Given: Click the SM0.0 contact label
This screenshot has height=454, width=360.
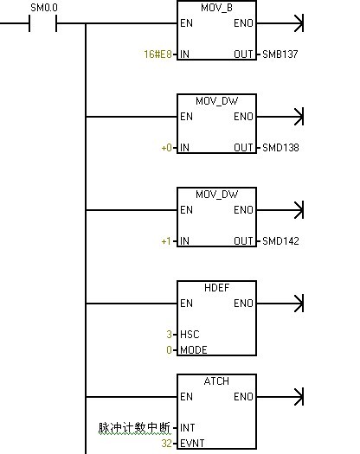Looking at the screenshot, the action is [x=44, y=8].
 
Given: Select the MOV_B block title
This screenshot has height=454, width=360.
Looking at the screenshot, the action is [x=216, y=8].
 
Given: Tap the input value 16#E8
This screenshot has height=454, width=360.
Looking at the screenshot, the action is [x=158, y=54].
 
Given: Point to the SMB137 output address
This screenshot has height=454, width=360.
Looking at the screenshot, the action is [x=280, y=54].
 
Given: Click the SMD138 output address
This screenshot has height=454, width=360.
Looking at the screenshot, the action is [x=280, y=148].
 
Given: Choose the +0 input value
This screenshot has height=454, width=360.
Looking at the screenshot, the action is [x=167, y=148].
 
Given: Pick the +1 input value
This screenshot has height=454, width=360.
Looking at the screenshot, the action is [x=166, y=241].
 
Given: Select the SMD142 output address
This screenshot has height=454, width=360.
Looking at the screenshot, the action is [x=280, y=241].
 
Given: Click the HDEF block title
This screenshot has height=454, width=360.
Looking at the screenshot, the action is [x=216, y=288].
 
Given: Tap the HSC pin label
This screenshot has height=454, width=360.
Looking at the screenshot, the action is [x=190, y=335].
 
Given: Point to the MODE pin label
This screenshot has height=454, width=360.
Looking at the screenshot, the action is [x=194, y=350].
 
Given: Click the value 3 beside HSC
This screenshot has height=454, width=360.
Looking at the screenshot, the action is [x=170, y=335].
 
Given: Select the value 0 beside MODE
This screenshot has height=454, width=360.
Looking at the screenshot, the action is [x=170, y=350].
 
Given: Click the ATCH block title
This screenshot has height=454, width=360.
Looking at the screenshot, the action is [x=216, y=381].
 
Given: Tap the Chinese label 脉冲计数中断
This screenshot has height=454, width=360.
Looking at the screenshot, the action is [x=134, y=428].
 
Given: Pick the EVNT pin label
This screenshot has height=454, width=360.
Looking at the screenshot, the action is [x=192, y=444].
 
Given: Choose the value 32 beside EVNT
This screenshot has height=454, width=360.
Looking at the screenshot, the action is [x=167, y=444].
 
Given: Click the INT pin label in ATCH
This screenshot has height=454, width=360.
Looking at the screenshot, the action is [x=187, y=428].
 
